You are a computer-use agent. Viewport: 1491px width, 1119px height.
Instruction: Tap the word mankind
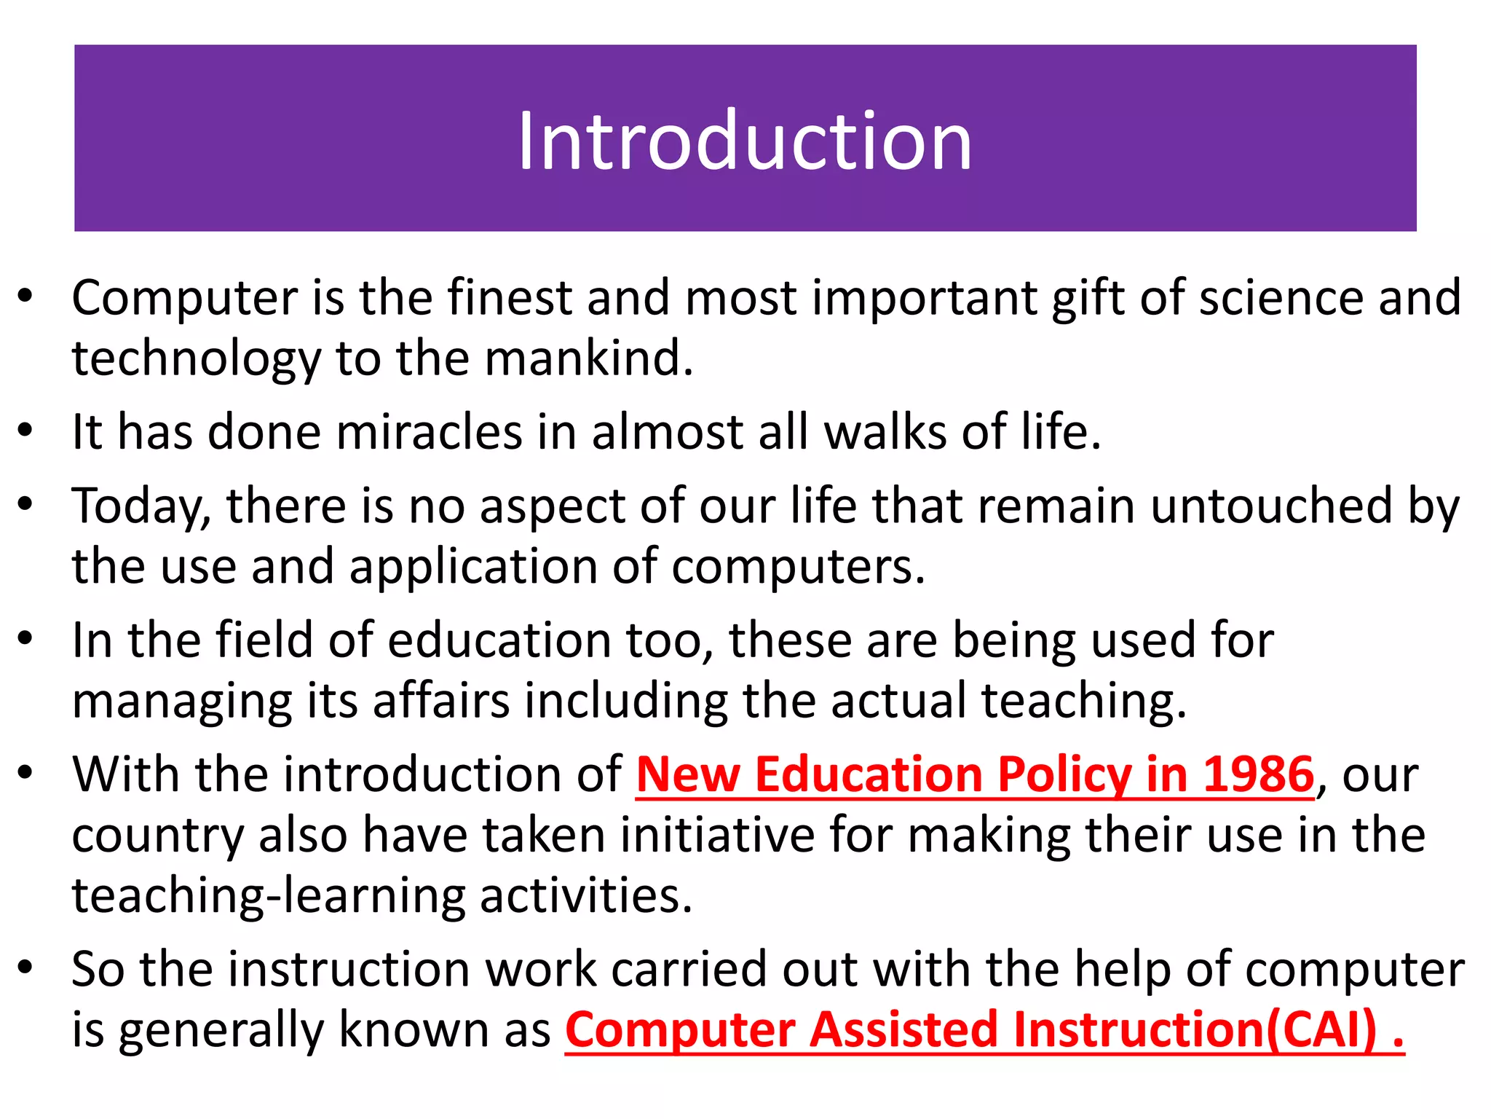[588, 358]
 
